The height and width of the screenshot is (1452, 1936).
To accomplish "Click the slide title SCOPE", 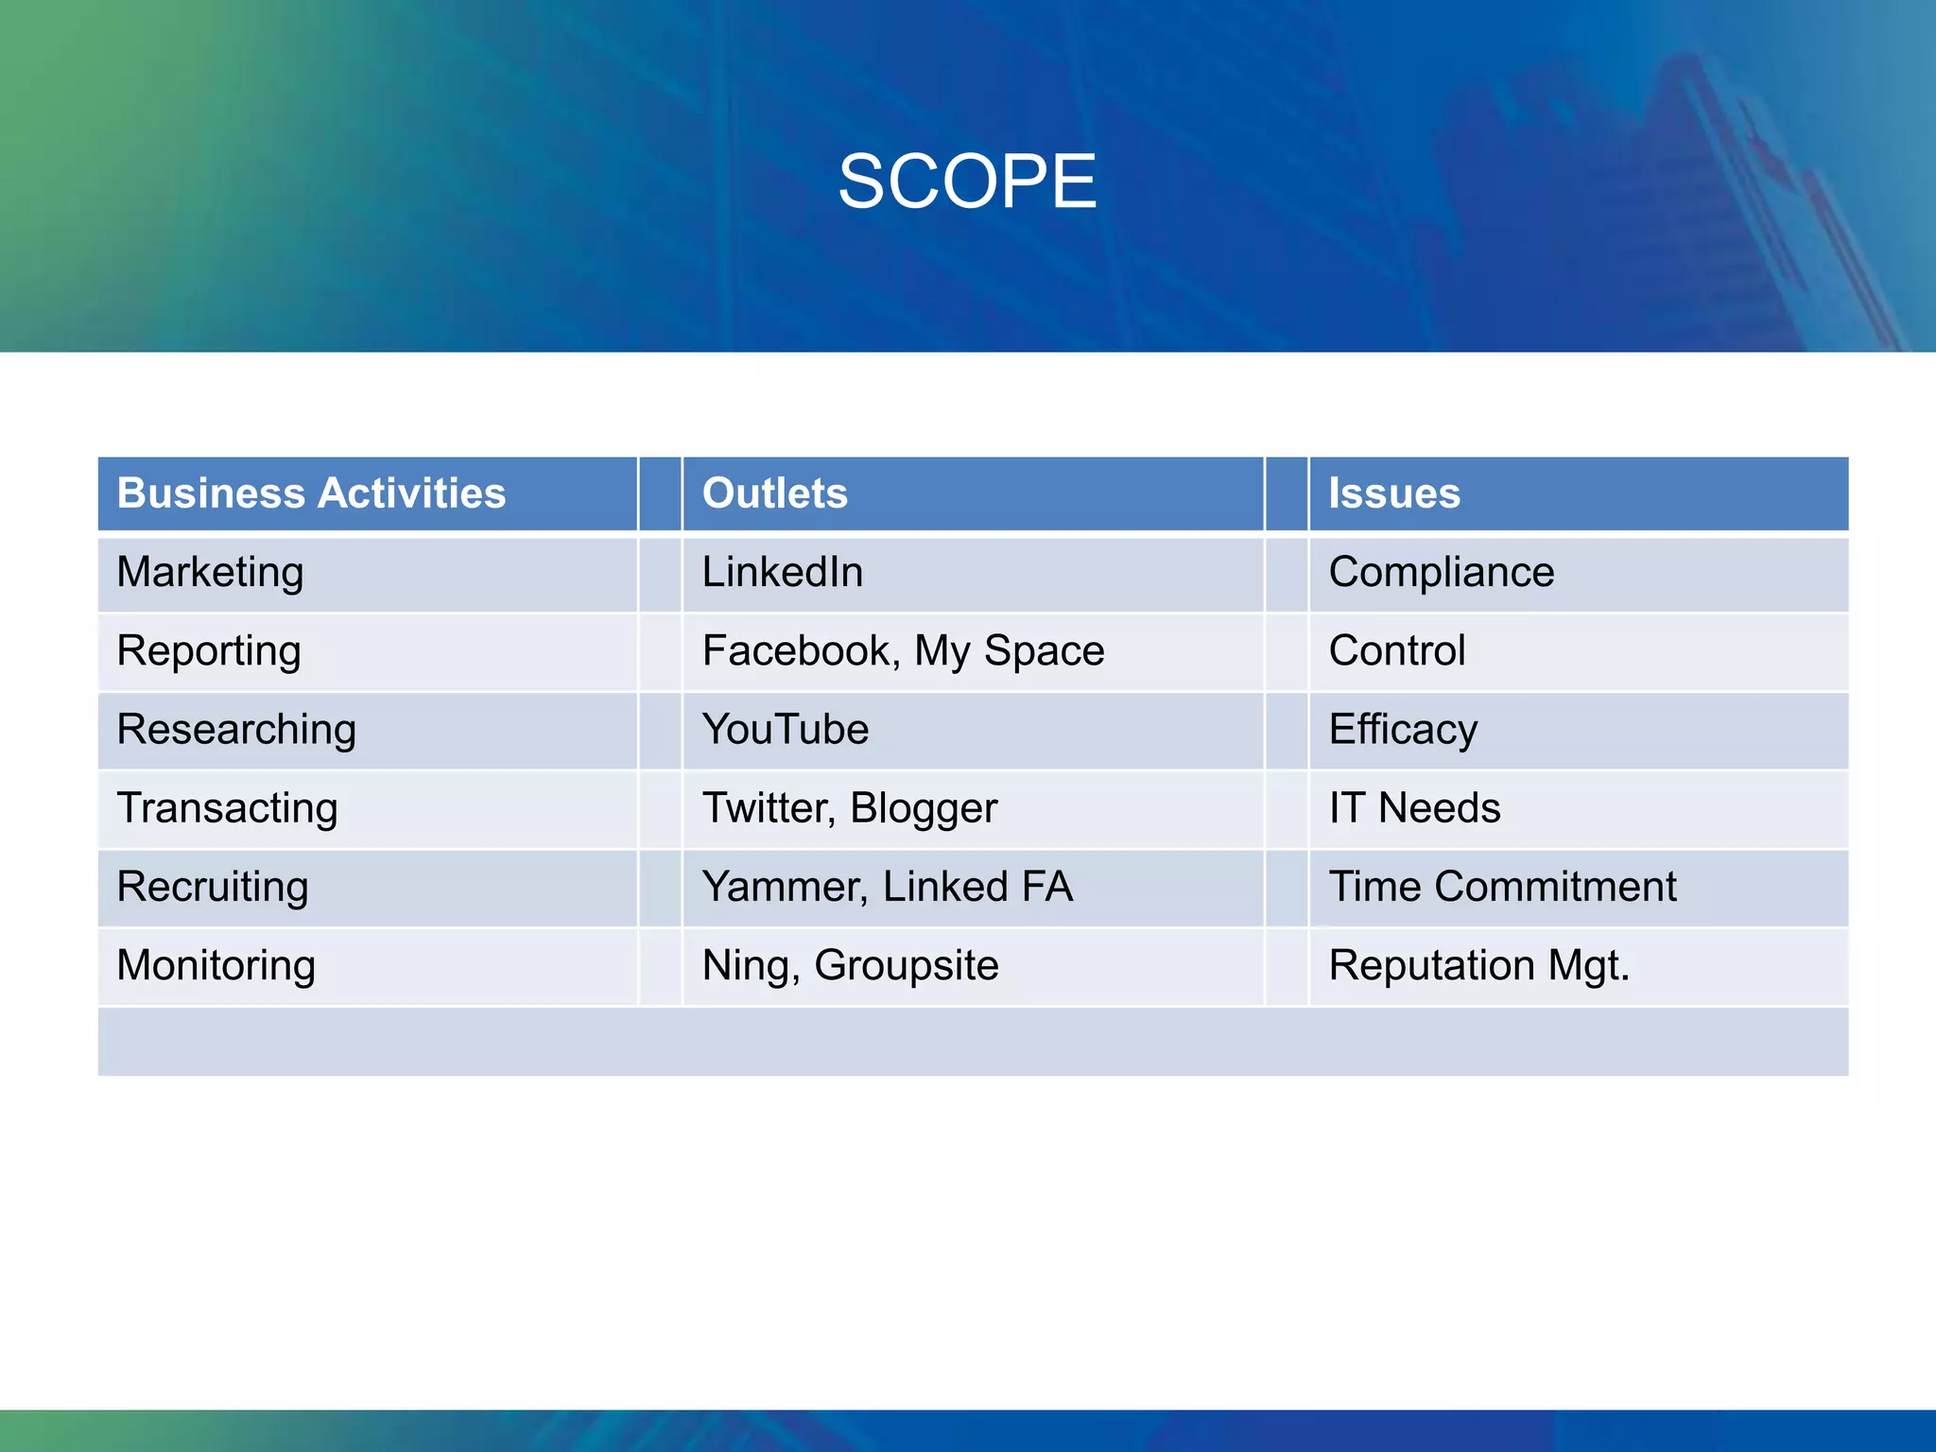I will click(967, 181).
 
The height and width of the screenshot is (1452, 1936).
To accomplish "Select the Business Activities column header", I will click(311, 493).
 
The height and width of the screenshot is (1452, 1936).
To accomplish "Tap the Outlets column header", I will click(775, 493).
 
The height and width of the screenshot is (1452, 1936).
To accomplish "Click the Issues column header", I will click(1394, 493).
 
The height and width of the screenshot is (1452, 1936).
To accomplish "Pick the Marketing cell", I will click(210, 573).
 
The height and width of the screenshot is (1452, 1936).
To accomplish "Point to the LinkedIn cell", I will click(783, 573).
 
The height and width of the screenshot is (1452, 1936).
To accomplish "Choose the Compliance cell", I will click(1442, 573).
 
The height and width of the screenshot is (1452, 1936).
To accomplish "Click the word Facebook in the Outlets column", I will click(797, 651).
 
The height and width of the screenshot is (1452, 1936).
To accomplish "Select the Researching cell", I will click(236, 730).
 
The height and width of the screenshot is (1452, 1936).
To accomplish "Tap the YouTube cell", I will click(786, 730).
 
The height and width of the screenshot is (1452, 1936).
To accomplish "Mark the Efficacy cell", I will click(1403, 730).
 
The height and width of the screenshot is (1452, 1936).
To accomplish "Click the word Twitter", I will click(766, 808).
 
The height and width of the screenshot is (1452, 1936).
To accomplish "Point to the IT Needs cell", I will click(1414, 808).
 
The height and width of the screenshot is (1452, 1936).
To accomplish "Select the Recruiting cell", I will click(213, 887).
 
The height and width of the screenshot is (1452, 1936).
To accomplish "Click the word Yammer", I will click(782, 887).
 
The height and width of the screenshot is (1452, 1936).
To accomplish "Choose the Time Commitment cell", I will click(1503, 887).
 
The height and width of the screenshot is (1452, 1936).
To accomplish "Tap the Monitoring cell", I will click(216, 965).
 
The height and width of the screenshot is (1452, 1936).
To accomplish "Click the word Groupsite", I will click(906, 965).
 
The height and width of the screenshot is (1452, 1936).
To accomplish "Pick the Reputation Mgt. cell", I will click(1479, 965).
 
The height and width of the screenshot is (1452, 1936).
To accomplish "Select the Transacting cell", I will click(227, 808).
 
